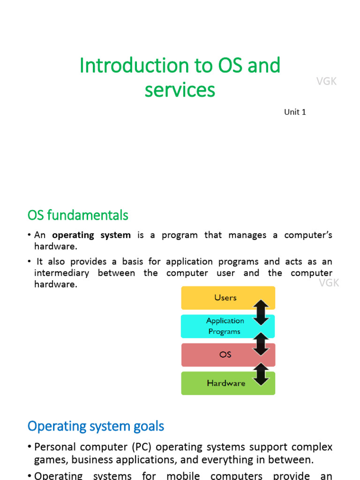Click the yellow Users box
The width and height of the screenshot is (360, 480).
tap(220, 298)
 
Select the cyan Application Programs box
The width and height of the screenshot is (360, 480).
tap(220, 326)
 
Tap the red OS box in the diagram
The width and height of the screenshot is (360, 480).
tap(220, 355)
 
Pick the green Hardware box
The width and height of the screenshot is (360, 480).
tap(220, 383)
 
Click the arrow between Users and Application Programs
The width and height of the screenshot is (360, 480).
tap(261, 312)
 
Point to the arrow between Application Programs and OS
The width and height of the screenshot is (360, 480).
tap(261, 341)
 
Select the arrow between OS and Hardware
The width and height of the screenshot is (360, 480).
tap(261, 369)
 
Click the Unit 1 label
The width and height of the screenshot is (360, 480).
tap(295, 112)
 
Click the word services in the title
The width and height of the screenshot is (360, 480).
tap(180, 90)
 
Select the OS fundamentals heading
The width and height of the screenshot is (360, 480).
tap(78, 215)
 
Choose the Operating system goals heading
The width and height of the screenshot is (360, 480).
tap(96, 426)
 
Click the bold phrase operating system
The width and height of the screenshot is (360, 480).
tap(91, 235)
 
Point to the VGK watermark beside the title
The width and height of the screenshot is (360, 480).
tap(326, 82)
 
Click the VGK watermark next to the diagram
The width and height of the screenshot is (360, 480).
tap(329, 283)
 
